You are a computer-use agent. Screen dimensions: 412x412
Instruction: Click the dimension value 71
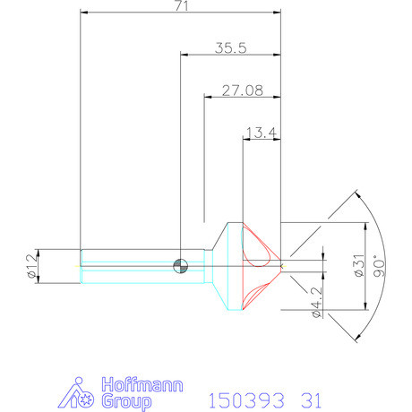pyautogui.click(x=181, y=6)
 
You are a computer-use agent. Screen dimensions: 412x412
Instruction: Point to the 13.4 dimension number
pyautogui.click(x=261, y=133)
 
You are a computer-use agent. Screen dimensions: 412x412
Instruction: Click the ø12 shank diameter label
pyautogui.click(x=33, y=266)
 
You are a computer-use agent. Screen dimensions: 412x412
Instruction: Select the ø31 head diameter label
pyautogui.click(x=358, y=266)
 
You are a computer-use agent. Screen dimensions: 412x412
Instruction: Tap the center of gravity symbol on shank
pyautogui.click(x=181, y=264)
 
